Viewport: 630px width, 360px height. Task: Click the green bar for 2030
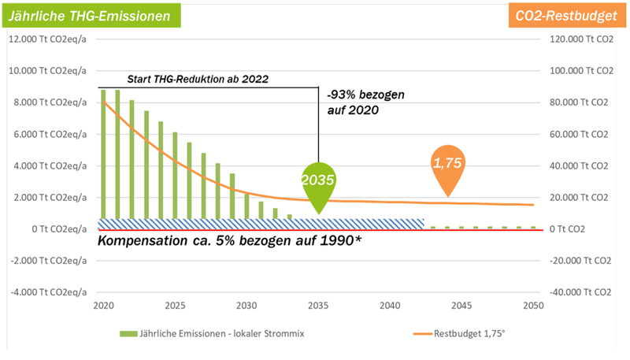246,206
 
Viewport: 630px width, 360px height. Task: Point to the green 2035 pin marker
318,185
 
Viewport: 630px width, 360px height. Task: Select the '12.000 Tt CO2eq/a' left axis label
48,39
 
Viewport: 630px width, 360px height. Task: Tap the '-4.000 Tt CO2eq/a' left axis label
46,292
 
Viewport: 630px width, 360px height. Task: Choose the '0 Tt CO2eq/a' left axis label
55,229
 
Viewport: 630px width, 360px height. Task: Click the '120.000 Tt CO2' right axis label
575,39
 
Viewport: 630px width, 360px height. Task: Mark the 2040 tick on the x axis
390,306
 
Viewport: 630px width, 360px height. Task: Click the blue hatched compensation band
260,224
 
